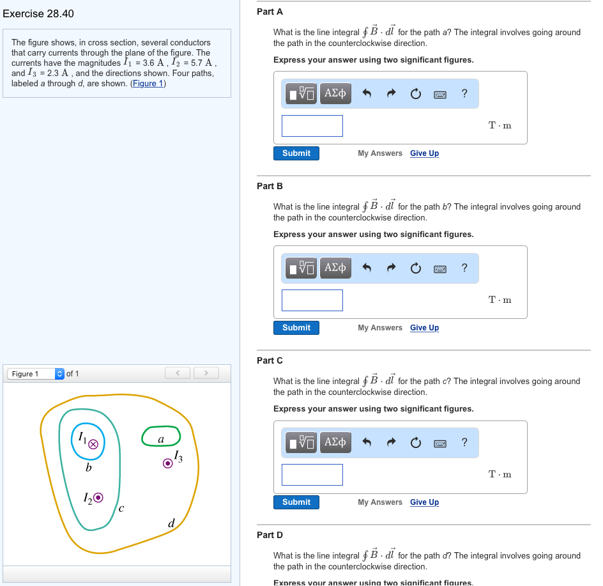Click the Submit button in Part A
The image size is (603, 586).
296,153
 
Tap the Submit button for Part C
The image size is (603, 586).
296,502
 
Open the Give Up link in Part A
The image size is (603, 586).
424,153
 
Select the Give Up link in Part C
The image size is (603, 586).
424,502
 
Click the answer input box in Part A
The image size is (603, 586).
312,126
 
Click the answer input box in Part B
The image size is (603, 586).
312,300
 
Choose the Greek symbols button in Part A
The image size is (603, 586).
335,93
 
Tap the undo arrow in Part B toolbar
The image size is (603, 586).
367,268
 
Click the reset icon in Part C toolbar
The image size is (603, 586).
416,442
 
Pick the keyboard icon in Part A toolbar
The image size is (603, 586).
440,95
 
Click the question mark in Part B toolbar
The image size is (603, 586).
464,267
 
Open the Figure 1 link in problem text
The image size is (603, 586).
148,84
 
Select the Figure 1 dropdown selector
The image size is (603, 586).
36,374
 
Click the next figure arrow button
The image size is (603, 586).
206,373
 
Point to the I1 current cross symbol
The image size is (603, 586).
93,444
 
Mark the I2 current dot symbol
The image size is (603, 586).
98,498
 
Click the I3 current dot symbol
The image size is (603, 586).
167,463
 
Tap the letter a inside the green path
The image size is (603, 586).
161,440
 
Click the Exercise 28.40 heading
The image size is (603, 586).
38,14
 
